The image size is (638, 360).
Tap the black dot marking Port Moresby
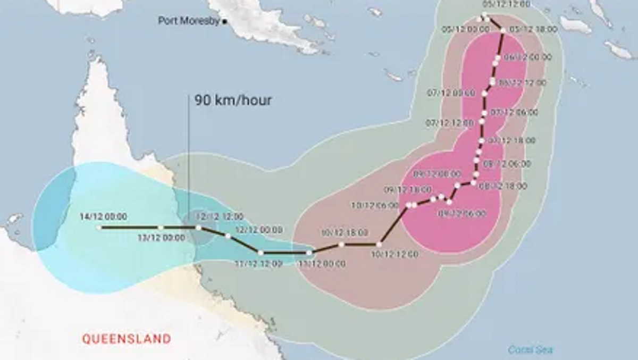click(225, 21)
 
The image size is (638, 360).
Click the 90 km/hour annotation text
click(232, 100)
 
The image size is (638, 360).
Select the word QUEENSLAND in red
click(127, 339)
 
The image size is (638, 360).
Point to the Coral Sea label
click(530, 349)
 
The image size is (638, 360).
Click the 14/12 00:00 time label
click(103, 216)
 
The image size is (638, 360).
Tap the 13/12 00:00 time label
click(162, 238)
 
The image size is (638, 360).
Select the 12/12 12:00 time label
click(220, 216)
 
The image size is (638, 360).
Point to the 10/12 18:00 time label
click(345, 232)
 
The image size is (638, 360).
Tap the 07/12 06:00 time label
click(514, 112)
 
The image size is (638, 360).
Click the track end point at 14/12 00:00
click(99, 228)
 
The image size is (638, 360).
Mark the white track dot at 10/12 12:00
click(379, 244)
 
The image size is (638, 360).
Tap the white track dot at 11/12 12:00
click(261, 253)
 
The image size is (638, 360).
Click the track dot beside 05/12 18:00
click(502, 30)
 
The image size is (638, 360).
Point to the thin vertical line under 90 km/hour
click(189, 160)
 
